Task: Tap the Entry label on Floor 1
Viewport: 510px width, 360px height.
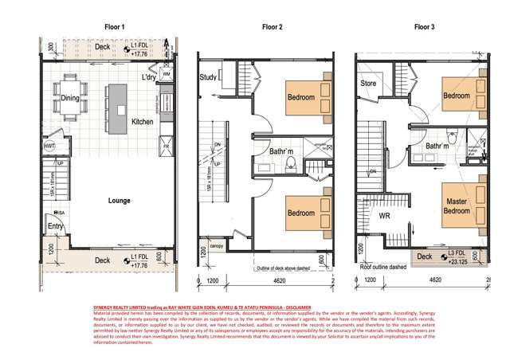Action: [x=57, y=226]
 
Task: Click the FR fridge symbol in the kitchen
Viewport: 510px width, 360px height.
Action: [x=167, y=147]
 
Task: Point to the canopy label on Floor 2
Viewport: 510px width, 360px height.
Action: [x=215, y=247]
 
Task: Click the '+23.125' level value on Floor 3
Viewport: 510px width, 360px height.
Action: [x=458, y=260]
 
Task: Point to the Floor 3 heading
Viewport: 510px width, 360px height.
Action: [x=425, y=27]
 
